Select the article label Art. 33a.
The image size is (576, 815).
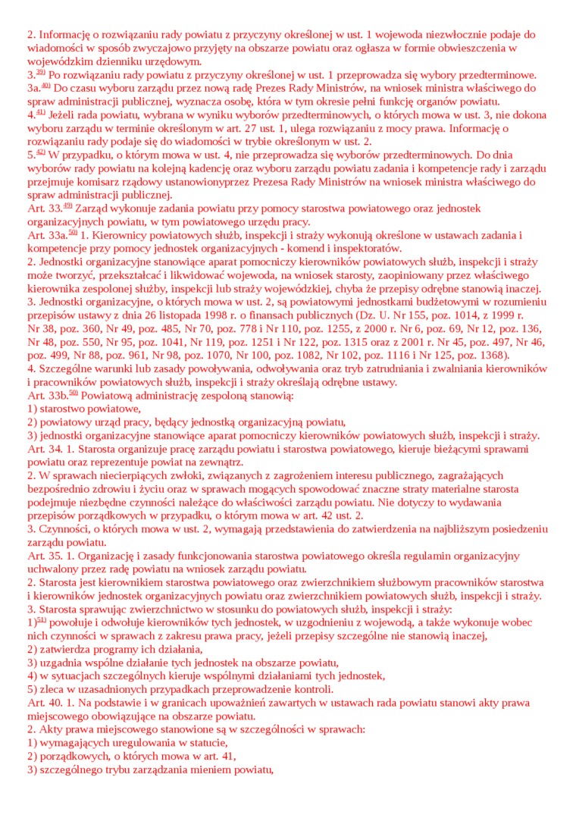[x=46, y=235]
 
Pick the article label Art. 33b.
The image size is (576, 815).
[x=47, y=395]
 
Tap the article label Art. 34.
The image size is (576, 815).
[x=45, y=449]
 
